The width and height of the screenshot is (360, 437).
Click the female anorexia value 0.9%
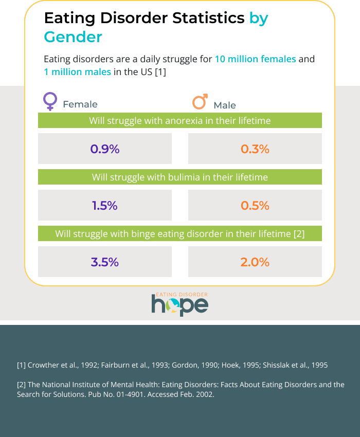(x=105, y=149)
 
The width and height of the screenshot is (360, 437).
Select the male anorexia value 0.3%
(x=255, y=149)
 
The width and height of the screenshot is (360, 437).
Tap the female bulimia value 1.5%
(x=105, y=206)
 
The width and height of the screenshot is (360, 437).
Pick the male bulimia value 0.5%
(x=255, y=206)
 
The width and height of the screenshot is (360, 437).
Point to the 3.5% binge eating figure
(x=105, y=262)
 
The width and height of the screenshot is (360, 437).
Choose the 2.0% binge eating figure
(x=255, y=262)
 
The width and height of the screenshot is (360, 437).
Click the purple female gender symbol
(x=50, y=101)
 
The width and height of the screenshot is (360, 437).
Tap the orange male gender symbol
(x=200, y=101)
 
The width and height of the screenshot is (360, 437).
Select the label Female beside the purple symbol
(x=80, y=104)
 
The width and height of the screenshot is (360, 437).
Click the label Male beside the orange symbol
(x=225, y=105)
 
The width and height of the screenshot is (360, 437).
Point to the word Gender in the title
(x=73, y=37)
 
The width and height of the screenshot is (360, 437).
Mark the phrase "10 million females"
(x=255, y=59)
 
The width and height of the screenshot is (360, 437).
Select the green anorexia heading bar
(x=180, y=121)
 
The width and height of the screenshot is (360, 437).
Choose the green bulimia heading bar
(x=180, y=177)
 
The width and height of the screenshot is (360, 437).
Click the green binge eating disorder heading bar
(x=180, y=234)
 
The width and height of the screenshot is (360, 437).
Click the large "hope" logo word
(x=180, y=305)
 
